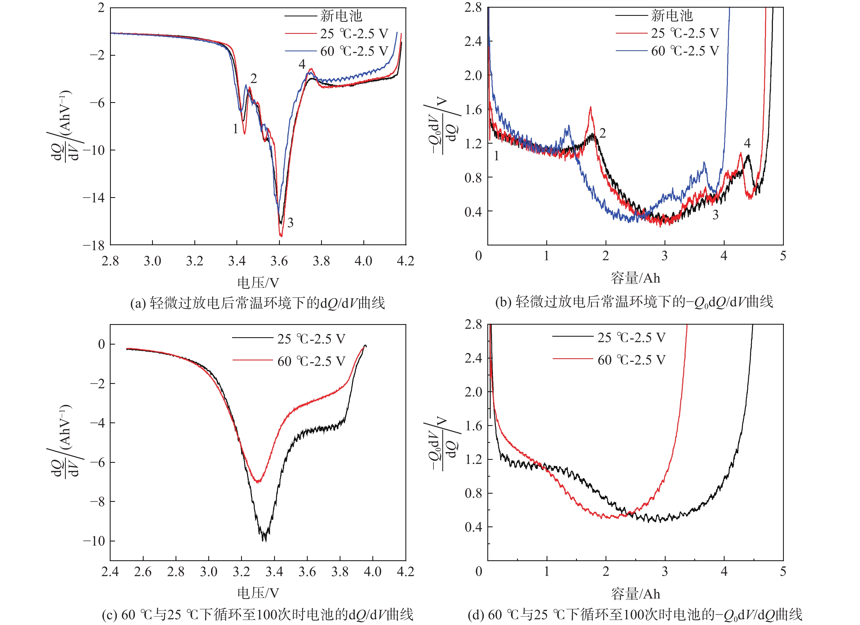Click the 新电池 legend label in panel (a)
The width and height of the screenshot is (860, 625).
(341, 16)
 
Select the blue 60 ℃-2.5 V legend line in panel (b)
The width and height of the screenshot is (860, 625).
(631, 51)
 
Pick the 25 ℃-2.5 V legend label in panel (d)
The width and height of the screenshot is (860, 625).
(631, 337)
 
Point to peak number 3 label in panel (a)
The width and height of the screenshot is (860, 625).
(290, 223)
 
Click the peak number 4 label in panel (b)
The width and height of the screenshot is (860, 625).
(747, 143)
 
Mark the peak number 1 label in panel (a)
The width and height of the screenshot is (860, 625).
(235, 129)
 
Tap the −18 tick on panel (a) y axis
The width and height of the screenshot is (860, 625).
(94, 246)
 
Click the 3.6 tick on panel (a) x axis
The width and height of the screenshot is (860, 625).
(279, 261)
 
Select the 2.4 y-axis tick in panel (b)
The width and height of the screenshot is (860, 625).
(473, 41)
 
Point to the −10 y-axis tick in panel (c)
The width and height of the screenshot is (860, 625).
(94, 541)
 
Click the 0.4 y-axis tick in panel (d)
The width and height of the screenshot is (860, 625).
(473, 527)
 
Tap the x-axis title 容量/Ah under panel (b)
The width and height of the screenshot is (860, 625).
(635, 278)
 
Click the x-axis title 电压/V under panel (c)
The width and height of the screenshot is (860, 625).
(258, 593)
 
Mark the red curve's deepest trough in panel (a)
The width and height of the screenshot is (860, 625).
(281, 236)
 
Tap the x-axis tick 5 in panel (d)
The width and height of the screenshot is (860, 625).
(783, 571)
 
